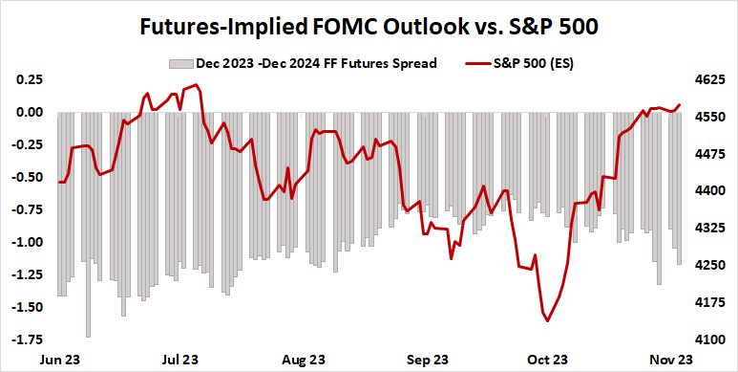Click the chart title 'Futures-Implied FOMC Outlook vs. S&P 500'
click(x=369, y=26)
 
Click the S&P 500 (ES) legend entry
click(x=534, y=64)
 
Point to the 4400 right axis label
click(x=709, y=191)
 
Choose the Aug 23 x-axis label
click(x=304, y=361)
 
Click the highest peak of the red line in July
click(x=196, y=85)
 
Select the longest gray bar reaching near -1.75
click(x=89, y=336)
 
